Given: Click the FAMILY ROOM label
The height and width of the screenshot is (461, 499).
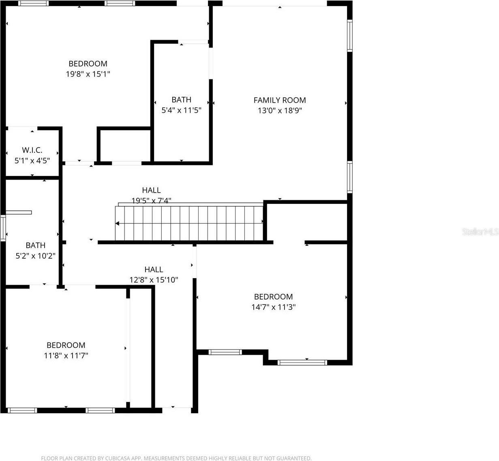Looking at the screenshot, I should pos(280,100).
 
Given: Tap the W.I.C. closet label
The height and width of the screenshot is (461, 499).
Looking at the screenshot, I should pos(32,150).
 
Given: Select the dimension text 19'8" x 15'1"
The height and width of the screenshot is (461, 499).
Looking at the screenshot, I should pos(88,74).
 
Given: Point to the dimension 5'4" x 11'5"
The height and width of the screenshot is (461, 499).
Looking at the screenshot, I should pos(181,110).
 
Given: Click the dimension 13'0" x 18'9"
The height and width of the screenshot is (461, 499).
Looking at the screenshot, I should pos(280,110).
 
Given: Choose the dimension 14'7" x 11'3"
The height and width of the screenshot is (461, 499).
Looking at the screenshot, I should pos(273,307).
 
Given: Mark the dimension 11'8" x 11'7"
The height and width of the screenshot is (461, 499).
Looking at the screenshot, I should pos(66,356).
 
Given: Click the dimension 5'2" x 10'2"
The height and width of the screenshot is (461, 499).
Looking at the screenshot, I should pos(35,256).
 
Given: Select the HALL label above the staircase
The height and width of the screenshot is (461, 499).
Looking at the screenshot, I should pos(151,190).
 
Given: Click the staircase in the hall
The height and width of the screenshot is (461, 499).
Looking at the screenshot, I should pos(189,223).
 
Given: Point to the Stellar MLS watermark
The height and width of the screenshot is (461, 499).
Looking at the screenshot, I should pos(480,232).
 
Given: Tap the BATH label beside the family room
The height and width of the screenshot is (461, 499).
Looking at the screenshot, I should pos(181,100).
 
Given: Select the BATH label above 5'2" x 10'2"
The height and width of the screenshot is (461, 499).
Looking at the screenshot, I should pos(35,245).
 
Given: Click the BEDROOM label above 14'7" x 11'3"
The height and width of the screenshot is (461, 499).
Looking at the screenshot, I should pos(273,297).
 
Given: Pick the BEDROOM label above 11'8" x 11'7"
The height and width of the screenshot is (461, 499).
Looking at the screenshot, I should pos(66,345).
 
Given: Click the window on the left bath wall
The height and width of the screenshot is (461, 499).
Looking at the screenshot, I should pos(3,227).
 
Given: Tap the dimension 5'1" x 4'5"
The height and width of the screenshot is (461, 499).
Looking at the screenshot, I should pos(32,161).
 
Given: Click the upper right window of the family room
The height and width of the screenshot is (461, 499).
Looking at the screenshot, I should pos(349,35).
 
